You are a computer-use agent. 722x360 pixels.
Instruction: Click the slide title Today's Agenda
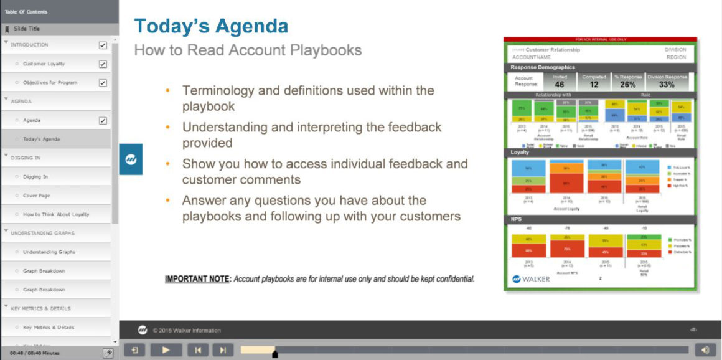coord(211,27)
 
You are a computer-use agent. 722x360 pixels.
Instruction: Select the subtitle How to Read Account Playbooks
coord(248,50)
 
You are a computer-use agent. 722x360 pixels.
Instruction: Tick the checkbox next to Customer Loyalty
coord(103,64)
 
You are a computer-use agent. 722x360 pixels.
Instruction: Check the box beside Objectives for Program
coord(103,83)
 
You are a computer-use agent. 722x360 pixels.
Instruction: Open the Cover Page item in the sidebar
coord(36,196)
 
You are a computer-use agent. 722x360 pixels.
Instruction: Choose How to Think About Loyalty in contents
coord(56,214)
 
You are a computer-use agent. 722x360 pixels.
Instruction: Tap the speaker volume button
coord(705,350)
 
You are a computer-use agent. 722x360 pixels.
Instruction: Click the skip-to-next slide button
coord(223,350)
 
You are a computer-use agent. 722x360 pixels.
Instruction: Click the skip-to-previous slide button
coord(198,350)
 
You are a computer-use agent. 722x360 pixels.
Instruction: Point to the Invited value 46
coord(559,85)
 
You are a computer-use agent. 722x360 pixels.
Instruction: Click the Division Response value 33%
coord(667,85)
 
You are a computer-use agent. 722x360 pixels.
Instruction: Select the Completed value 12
coord(594,85)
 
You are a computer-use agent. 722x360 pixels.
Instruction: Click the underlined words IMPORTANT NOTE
coord(197,279)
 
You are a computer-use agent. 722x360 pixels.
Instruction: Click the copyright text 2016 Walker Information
coord(187,330)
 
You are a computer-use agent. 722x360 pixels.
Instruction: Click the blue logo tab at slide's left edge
coord(131,159)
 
